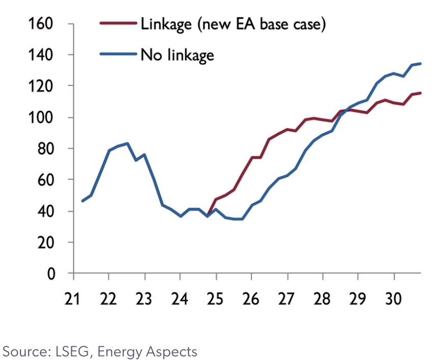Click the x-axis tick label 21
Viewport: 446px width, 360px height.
74,298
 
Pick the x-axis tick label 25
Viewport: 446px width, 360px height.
216,298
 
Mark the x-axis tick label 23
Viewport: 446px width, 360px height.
145,298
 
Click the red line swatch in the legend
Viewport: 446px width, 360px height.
119,23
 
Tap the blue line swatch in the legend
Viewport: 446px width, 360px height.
119,54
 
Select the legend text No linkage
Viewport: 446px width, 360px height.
177,54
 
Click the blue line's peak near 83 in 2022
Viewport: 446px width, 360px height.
127,143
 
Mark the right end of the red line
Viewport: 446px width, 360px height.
421,93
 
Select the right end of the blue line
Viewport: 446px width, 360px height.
421,64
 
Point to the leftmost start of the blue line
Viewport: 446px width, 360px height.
82,201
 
